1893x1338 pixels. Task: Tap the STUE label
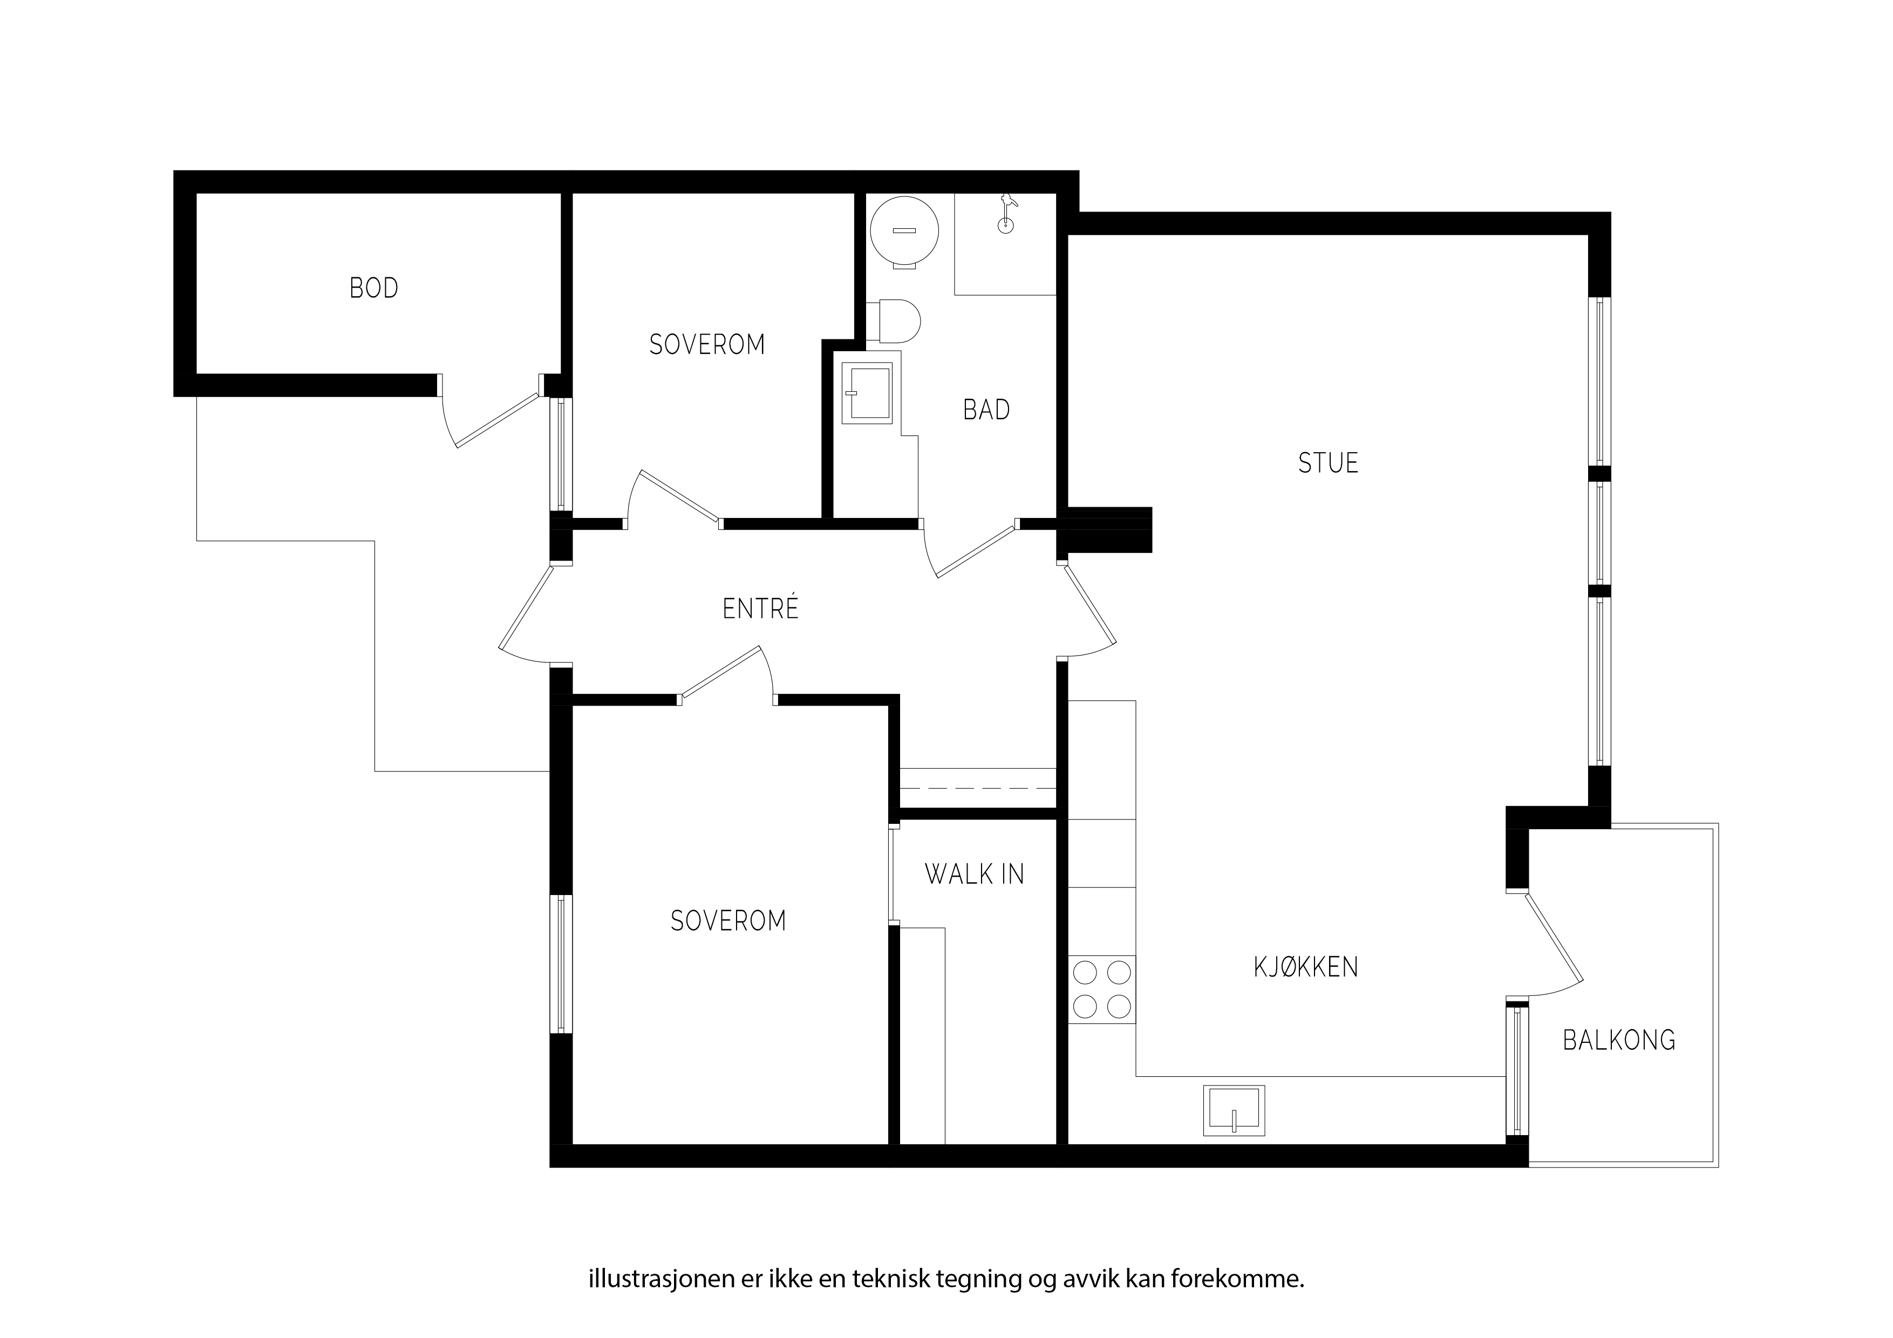pyautogui.click(x=1328, y=463)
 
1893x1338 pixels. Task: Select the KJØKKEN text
pyautogui.click(x=1306, y=966)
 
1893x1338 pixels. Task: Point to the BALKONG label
pyautogui.click(x=1619, y=1040)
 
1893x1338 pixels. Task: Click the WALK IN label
pyautogui.click(x=975, y=874)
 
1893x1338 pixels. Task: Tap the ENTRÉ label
pyautogui.click(x=760, y=609)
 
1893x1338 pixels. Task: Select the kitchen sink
pyautogui.click(x=1234, y=1110)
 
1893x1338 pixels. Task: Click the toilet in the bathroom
pyautogui.click(x=893, y=320)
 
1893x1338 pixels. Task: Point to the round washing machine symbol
pyautogui.click(x=904, y=231)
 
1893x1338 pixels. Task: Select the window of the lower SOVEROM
pyautogui.click(x=561, y=965)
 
